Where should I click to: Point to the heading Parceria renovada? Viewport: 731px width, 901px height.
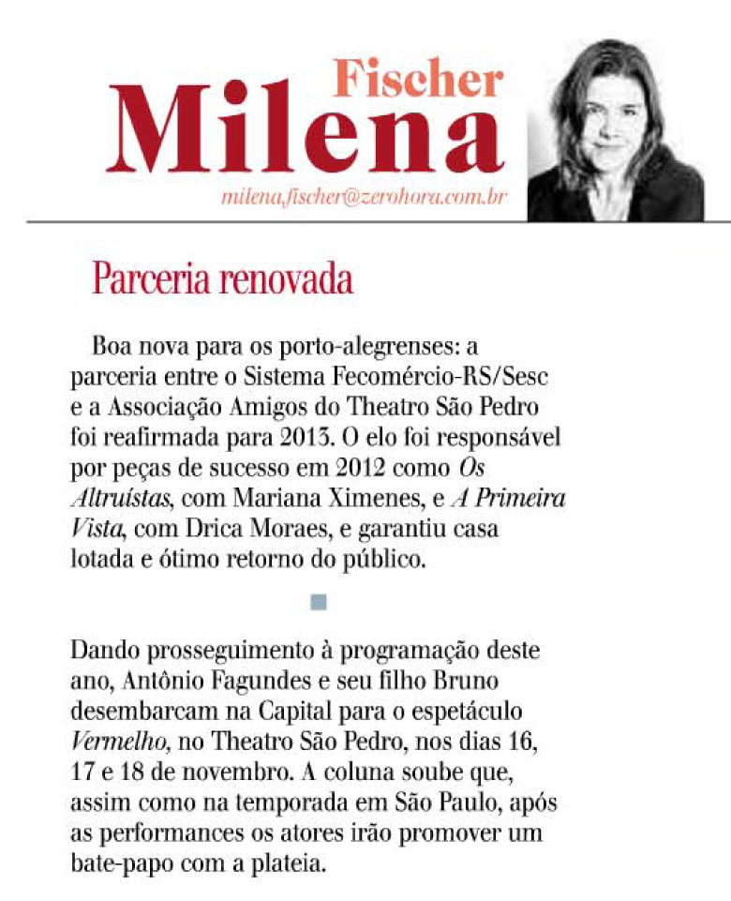tap(222, 279)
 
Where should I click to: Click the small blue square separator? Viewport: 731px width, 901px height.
tap(319, 602)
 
